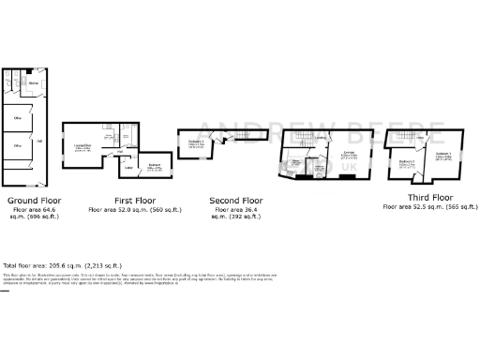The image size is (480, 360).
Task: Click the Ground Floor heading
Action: [35, 201]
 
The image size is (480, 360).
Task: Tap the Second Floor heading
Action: [235, 201]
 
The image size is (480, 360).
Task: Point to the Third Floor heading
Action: [429, 197]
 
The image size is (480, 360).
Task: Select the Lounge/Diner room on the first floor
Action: [82, 145]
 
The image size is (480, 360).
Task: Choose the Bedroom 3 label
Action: [197, 142]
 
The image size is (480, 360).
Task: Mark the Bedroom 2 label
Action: [406, 161]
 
